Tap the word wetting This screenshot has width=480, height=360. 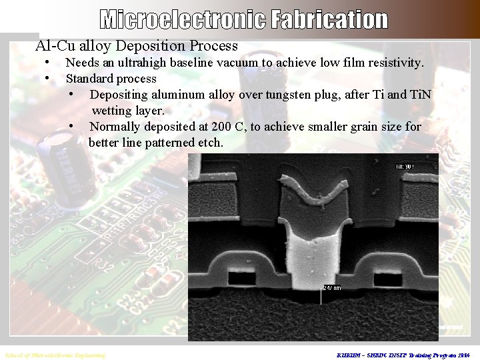(x=114, y=110)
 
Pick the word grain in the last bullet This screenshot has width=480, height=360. (x=344, y=127)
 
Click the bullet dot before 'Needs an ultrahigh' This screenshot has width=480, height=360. (x=47, y=63)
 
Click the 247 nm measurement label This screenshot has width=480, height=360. (x=331, y=287)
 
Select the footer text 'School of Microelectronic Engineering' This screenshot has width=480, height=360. (x=55, y=355)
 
